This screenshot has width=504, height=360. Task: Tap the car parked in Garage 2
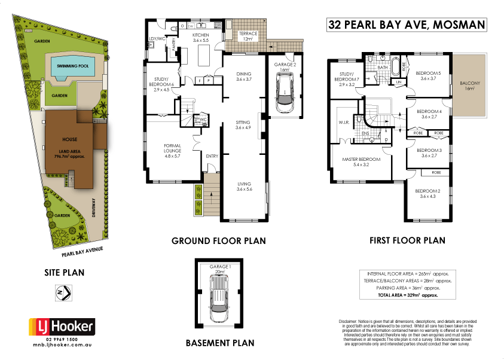(285, 94)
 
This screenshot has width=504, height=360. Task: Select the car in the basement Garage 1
(221, 295)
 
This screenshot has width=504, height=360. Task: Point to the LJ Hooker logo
(62, 327)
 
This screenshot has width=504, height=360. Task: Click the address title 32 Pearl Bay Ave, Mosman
(406, 25)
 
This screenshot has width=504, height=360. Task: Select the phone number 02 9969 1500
(62, 340)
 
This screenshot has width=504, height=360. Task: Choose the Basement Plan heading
(219, 343)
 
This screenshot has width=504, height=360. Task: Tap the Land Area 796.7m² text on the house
(69, 154)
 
